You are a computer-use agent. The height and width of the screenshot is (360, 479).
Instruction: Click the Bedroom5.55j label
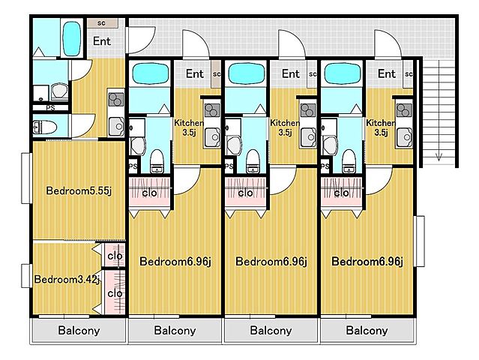coord(79,191)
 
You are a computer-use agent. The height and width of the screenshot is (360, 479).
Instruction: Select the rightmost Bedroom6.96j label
coord(367,262)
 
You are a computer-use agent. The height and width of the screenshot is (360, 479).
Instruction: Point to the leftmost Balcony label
coord(79,331)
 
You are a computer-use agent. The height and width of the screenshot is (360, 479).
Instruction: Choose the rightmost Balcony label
coord(367,331)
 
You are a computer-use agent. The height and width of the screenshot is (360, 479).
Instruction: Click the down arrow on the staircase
coord(439,156)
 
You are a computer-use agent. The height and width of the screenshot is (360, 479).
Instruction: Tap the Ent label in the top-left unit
coord(101,40)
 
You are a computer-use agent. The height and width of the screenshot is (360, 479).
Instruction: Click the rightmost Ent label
coord(387,74)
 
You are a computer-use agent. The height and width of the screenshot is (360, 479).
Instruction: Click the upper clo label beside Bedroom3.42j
coord(115,256)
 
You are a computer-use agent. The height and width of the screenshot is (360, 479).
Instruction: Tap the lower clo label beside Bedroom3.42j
coord(115,293)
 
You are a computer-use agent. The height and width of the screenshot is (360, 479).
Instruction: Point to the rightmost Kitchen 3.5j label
coord(380,128)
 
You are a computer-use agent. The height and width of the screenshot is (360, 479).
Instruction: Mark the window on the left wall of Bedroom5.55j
coord(25,178)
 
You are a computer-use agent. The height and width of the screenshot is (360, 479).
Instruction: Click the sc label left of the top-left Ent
coord(101,23)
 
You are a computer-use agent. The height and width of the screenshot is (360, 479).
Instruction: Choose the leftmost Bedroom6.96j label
coord(175,262)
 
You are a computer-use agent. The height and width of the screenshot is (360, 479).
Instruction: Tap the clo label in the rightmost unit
coord(342,193)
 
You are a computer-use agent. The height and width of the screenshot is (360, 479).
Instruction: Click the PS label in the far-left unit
coord(50,108)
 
